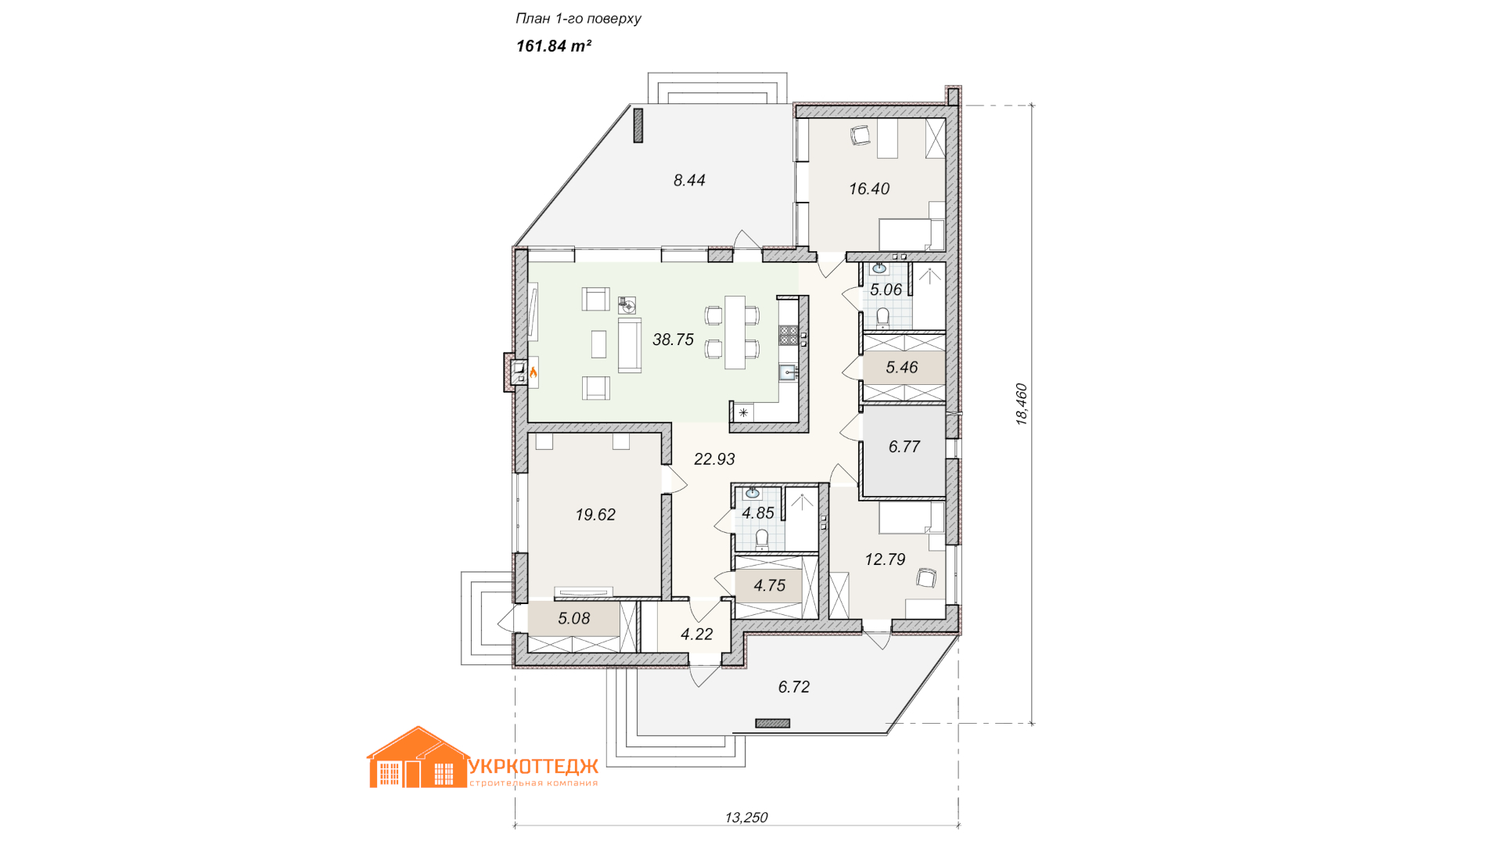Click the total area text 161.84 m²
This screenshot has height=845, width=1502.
[x=553, y=46]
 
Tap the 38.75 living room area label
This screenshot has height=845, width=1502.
[x=673, y=340]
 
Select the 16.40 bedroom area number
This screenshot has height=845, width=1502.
[x=869, y=189]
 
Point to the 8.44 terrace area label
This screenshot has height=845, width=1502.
[x=689, y=180]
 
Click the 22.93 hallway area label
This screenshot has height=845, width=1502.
[x=714, y=459]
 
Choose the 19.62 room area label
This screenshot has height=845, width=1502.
[x=595, y=515]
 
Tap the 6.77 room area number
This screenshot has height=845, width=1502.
[x=904, y=447]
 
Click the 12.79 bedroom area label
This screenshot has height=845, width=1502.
[x=885, y=559]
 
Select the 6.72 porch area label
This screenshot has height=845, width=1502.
[x=794, y=687]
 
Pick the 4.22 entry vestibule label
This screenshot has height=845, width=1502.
[x=696, y=635]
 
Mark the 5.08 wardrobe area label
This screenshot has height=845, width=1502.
[x=574, y=618]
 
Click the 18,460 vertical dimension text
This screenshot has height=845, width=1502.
[x=1022, y=404]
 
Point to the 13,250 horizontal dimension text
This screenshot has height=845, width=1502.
[x=746, y=818]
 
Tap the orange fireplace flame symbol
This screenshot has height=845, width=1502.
[x=534, y=372]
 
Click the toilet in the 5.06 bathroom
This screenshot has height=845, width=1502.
[x=883, y=316]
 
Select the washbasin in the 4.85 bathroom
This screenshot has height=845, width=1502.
[x=753, y=493]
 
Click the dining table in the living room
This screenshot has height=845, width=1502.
[x=735, y=333]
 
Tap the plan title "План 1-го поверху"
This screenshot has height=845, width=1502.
[x=578, y=19]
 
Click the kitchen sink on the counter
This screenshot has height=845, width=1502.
[x=787, y=372]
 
